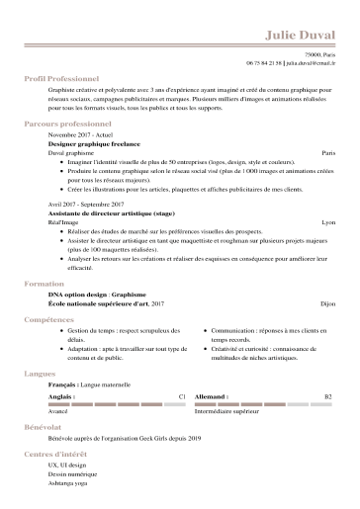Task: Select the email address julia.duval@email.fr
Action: point(311,61)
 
